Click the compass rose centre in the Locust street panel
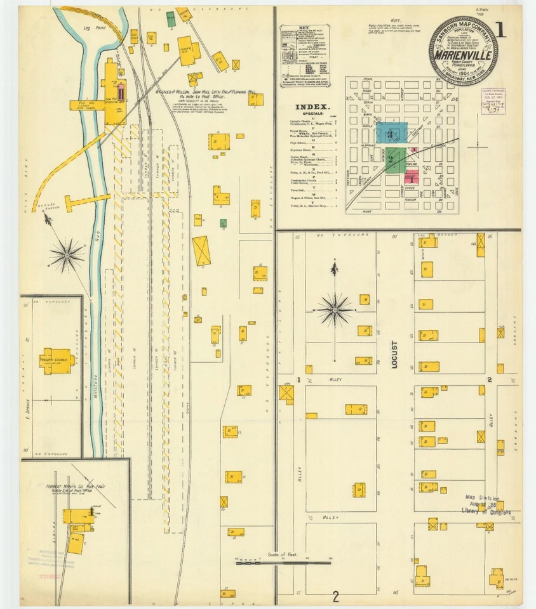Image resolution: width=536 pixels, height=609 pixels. (335, 310)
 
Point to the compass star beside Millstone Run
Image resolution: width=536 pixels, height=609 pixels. (67, 255)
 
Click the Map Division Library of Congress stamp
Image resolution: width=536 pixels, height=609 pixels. (487, 505)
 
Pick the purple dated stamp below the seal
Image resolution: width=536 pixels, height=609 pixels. (492, 101)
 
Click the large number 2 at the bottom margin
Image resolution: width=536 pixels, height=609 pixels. (335, 596)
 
